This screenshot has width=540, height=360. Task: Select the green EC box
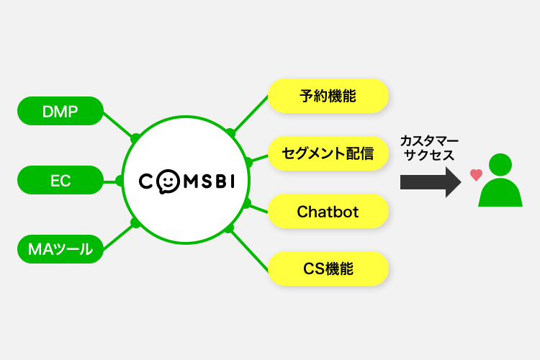pos(60,180)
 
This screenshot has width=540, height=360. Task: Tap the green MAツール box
pos(60,250)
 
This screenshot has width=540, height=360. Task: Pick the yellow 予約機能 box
pos(328,94)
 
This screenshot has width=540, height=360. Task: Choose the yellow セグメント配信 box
pos(328,153)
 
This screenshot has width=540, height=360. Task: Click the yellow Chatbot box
pos(328,212)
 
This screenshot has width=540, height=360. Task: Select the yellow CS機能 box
pos(328,270)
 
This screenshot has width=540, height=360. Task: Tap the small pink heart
pos(475,174)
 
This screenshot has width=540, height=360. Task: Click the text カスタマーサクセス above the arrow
pos(429,147)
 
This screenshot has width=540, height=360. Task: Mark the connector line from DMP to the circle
pos(118,125)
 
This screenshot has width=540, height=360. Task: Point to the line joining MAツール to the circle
pos(118,235)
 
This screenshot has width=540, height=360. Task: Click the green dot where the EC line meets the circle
pos(120,180)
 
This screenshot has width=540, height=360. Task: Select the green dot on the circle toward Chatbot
pos(247,204)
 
